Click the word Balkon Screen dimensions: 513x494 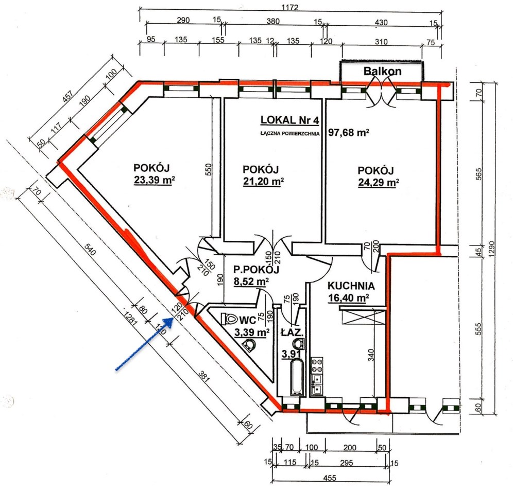[383, 71]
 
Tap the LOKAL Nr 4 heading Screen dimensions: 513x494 [289, 120]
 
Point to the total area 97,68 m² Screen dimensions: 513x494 [349, 132]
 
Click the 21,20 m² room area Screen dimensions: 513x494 [263, 181]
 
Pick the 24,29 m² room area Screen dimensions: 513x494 [378, 182]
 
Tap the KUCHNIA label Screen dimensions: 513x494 [351, 286]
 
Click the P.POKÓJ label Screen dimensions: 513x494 [256, 270]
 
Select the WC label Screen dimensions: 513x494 [248, 320]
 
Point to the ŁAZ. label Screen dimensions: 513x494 [293, 333]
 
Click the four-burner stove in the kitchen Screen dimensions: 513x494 [317, 365]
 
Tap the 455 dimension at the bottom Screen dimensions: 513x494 [330, 478]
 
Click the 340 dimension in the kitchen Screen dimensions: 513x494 [370, 356]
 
